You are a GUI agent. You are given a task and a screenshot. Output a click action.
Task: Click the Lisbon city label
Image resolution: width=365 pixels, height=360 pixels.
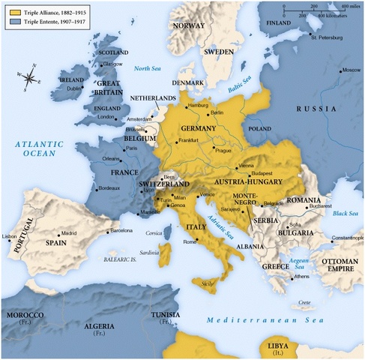10,236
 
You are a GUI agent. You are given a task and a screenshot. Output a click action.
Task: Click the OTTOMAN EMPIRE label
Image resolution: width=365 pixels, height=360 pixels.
341,264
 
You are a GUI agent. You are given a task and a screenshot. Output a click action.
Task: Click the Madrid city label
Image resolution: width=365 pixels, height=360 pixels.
68,232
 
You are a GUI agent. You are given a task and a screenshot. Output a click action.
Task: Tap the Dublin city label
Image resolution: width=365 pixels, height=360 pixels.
74,88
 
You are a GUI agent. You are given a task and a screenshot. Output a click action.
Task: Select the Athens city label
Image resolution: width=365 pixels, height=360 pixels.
301,276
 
